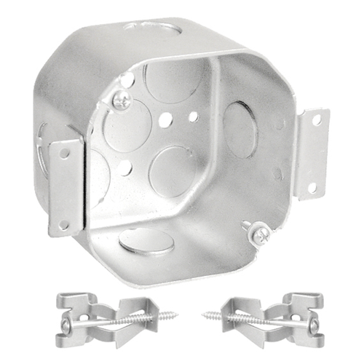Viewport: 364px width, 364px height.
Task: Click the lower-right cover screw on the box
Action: [x=258, y=233]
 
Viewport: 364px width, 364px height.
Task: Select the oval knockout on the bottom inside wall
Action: [x=146, y=241]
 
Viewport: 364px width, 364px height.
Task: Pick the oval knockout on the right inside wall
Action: [x=240, y=130]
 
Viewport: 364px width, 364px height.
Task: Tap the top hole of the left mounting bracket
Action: [x=65, y=154]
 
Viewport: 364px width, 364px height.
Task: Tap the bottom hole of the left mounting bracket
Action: [x=63, y=225]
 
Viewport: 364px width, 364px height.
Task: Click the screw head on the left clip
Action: [x=66, y=325]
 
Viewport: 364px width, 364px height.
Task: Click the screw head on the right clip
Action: [x=314, y=325]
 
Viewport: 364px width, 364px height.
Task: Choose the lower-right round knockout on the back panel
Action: [x=172, y=170]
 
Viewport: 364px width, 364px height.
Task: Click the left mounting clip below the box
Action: [x=109, y=319]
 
